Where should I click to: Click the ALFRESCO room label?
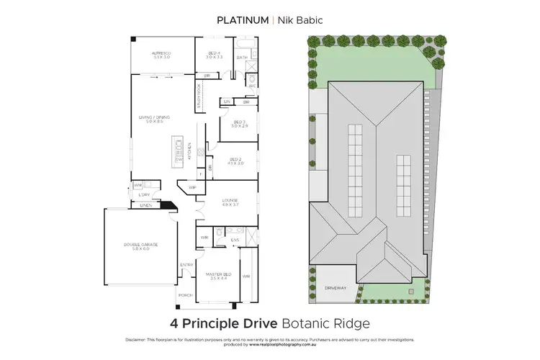click(x=161, y=54)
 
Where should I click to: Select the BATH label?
click(x=242, y=58)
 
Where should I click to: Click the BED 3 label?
click(x=239, y=122)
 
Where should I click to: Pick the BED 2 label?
click(x=236, y=159)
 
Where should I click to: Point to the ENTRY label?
click(x=186, y=265)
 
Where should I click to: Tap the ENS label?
click(x=235, y=240)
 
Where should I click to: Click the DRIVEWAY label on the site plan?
click(x=336, y=288)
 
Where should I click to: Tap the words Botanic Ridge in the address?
click(x=333, y=323)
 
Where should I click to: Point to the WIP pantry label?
click(x=192, y=188)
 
